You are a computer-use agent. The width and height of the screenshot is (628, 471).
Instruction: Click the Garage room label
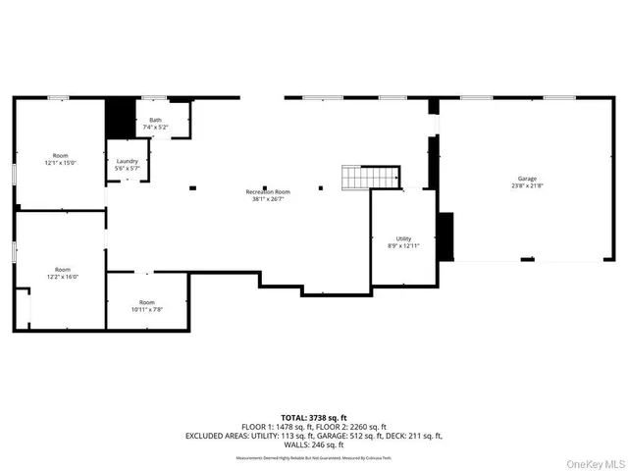[514, 180]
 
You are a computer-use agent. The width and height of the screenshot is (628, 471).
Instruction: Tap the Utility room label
[403, 237]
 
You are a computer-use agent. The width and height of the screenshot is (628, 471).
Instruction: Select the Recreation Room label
[268, 191]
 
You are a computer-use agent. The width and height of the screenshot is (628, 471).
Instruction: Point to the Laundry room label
[128, 162]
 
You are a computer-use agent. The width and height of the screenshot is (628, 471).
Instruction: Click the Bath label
[155, 120]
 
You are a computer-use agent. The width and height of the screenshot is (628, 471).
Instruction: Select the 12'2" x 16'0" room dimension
[61, 276]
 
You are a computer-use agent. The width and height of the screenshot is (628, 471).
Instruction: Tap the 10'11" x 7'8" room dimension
[147, 309]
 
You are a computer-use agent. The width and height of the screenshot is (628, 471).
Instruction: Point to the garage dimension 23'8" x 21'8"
[514, 186]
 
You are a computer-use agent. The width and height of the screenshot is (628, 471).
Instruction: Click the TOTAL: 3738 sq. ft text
[316, 417]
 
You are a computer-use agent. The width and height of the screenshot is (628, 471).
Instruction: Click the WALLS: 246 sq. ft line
[316, 445]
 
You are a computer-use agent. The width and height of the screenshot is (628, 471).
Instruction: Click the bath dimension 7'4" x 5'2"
[155, 128]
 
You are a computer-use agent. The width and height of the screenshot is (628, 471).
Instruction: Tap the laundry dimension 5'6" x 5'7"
[128, 169]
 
